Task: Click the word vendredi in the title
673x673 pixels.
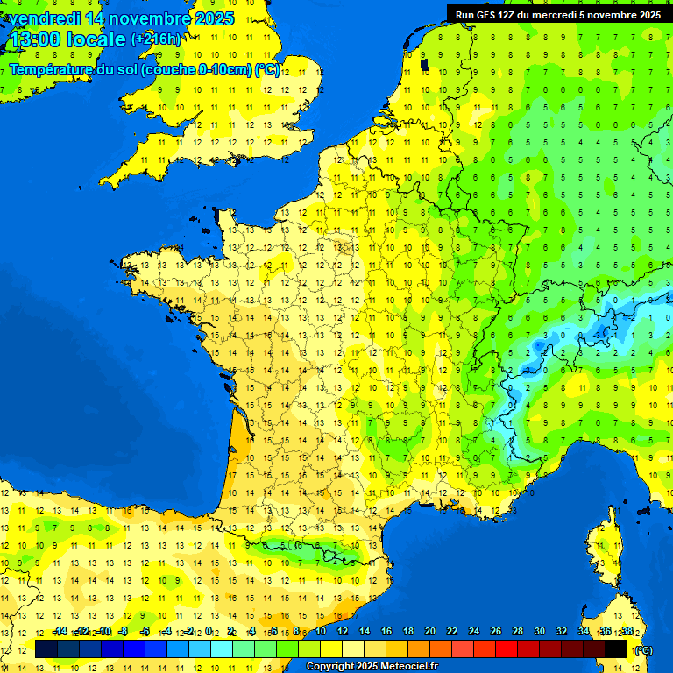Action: click(x=41, y=18)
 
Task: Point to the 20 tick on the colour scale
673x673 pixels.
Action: click(x=430, y=632)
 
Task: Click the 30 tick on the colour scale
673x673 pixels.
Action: click(x=540, y=632)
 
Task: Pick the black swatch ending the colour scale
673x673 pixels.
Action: click(x=616, y=649)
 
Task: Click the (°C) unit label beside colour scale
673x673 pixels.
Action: click(x=644, y=650)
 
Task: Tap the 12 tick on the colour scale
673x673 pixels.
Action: click(x=343, y=632)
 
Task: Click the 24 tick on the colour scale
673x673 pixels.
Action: click(x=474, y=632)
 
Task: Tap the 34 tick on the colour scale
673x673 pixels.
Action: click(x=584, y=632)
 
